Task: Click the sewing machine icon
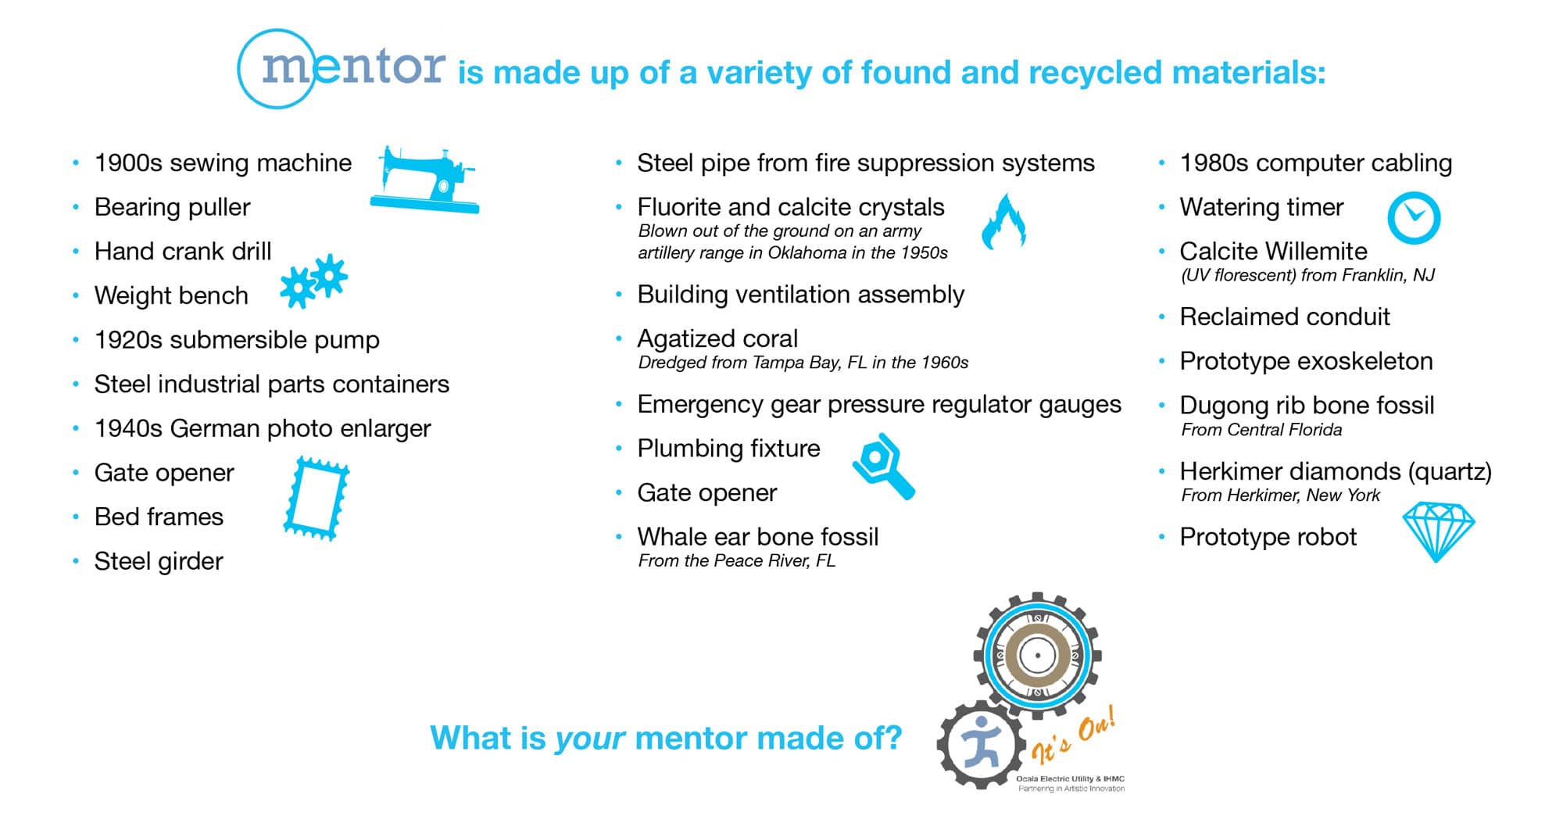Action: [424, 180]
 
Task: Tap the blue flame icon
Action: [1003, 222]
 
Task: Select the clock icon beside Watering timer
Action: [1414, 217]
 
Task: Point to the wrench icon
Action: [884, 466]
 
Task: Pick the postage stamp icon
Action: [316, 499]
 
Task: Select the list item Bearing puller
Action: [172, 207]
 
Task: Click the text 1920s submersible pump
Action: [237, 340]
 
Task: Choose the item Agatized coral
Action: [717, 338]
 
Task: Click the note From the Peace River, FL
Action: [737, 560]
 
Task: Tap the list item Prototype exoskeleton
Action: [1306, 361]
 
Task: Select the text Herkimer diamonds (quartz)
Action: [1336, 471]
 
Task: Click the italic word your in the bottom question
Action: [590, 738]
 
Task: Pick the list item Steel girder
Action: [159, 561]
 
